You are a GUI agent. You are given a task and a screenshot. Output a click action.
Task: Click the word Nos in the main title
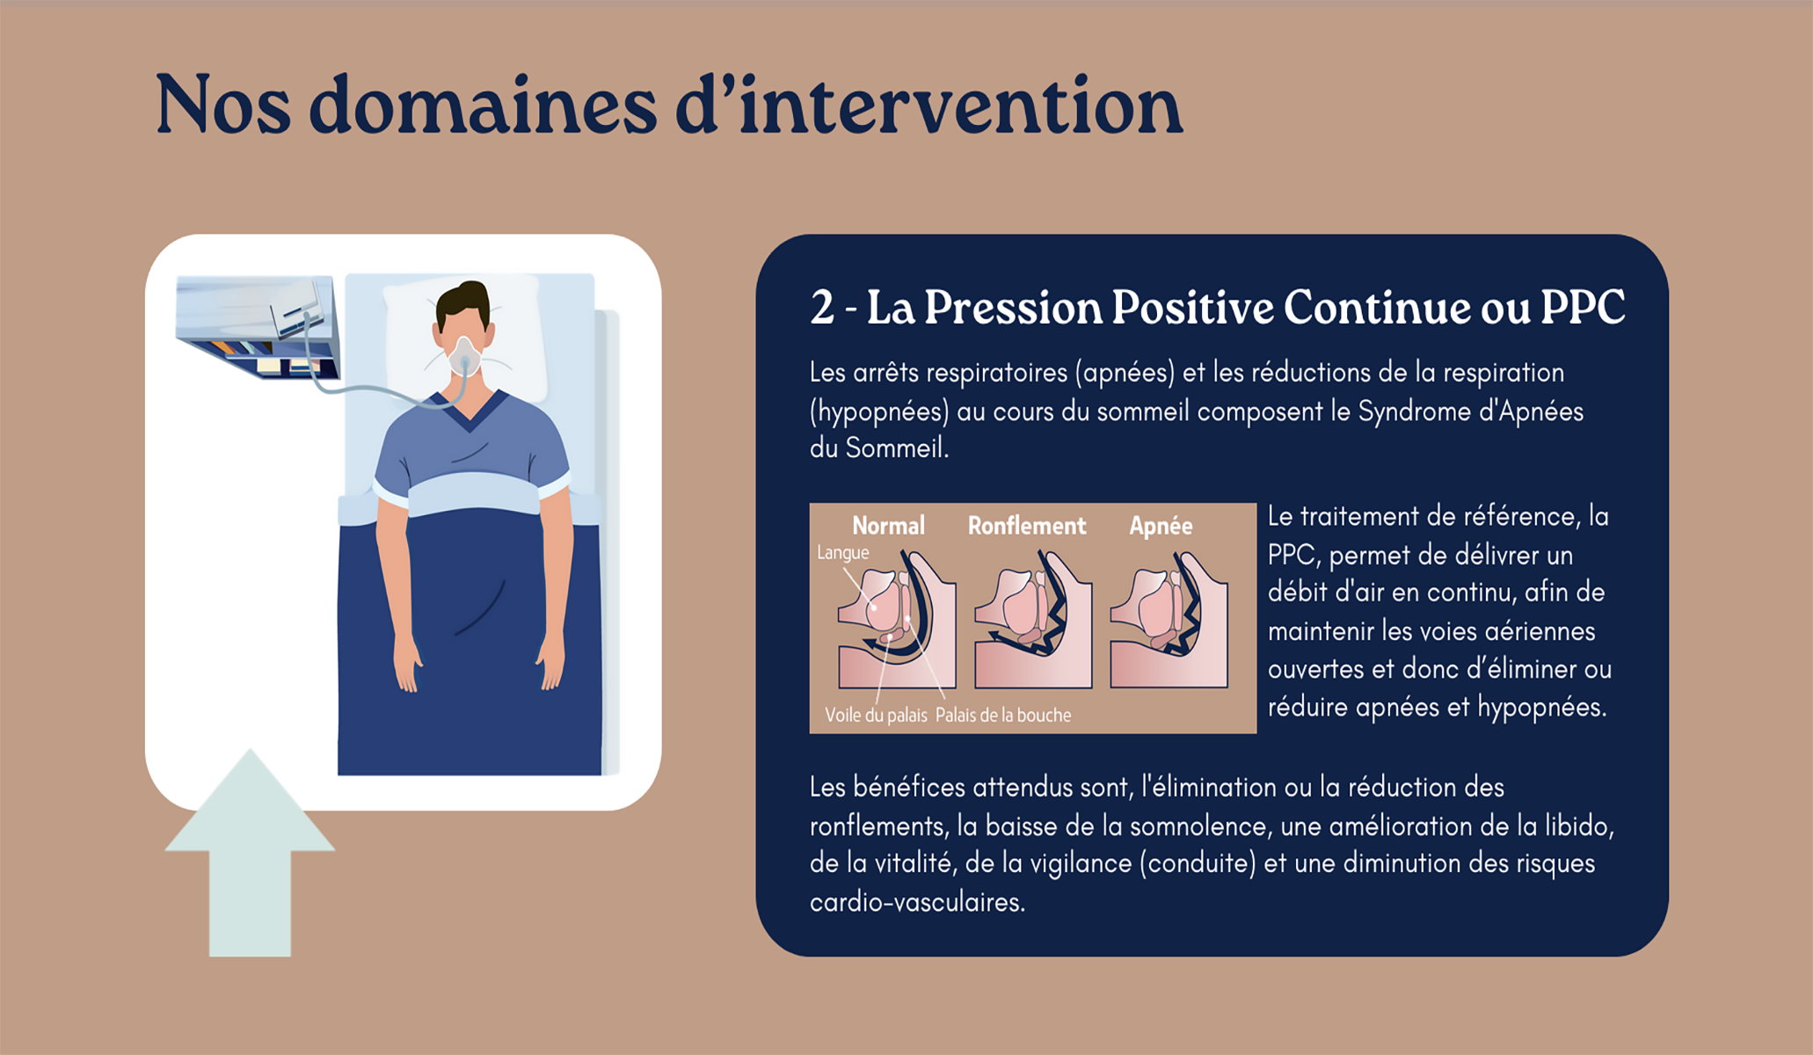[x=223, y=105]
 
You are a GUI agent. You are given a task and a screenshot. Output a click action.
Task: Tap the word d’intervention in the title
[x=928, y=105]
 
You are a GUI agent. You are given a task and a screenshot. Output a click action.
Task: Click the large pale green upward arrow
[x=250, y=853]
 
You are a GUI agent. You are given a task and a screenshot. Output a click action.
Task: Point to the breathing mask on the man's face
[x=464, y=356]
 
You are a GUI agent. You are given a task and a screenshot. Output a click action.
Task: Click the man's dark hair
[x=463, y=304]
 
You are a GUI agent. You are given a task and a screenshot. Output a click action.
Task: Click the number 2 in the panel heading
[x=822, y=308]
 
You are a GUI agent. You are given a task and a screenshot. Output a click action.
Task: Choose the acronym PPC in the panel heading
[x=1583, y=308]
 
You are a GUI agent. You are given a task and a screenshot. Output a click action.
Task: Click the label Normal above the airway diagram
[x=888, y=526]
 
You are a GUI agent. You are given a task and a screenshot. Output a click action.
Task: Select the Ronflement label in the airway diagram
[x=1027, y=526]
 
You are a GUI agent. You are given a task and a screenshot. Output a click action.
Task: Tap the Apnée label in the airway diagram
[x=1161, y=526]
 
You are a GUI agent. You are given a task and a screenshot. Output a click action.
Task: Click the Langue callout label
[x=842, y=553]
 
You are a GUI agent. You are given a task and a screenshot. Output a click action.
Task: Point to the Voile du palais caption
[x=876, y=715]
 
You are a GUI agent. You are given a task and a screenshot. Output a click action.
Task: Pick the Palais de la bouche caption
[x=1003, y=715]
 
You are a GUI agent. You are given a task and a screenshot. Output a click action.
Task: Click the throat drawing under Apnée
[x=1169, y=620]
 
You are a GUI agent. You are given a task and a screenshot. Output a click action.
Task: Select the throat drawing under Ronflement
[x=1033, y=620]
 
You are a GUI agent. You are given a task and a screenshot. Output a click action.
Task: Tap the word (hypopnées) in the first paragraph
[x=879, y=411]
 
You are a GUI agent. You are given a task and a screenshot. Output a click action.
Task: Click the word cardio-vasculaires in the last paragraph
[x=917, y=903]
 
